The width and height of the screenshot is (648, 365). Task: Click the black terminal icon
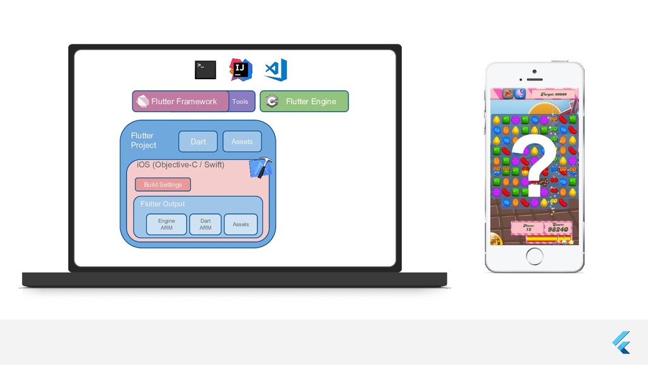[205, 70]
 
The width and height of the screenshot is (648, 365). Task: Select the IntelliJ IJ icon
[240, 70]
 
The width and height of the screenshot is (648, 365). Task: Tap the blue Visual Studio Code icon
[276, 70]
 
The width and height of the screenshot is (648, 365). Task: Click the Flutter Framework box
[180, 101]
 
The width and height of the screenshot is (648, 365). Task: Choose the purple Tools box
[240, 101]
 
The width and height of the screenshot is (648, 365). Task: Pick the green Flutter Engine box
[304, 101]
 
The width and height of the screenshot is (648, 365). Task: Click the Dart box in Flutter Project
[198, 142]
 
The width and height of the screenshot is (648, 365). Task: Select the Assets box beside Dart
[242, 142]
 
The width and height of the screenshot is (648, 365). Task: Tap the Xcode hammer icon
[261, 168]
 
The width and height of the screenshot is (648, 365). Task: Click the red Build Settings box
[163, 185]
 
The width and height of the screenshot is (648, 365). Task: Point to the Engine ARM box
[166, 224]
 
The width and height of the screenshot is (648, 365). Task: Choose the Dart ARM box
[205, 224]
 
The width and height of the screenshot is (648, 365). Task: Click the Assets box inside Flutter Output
[240, 224]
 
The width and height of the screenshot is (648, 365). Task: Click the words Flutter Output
[163, 204]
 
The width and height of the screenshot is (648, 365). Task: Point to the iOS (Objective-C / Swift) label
[180, 165]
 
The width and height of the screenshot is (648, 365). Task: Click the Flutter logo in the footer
[621, 343]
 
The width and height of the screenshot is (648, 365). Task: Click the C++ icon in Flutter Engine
[272, 101]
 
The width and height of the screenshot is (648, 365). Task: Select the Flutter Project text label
[143, 140]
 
